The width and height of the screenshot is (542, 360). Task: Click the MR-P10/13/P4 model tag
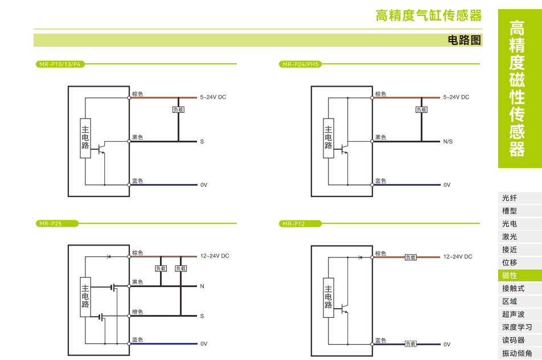(60, 64)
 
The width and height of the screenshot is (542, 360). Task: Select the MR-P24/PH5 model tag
(301, 64)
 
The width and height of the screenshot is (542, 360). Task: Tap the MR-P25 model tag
(51, 224)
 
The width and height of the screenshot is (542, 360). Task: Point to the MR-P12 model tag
(294, 224)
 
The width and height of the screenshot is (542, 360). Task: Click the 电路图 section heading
(465, 40)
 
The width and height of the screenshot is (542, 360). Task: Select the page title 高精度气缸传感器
(428, 15)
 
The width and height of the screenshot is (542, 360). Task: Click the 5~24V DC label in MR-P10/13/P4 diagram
(213, 97)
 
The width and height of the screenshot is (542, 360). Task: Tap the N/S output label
(448, 141)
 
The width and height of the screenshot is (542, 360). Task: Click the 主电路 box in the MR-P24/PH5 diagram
(329, 138)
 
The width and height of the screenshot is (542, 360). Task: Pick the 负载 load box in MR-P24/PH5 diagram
(421, 109)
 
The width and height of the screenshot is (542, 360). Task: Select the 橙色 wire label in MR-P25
(137, 312)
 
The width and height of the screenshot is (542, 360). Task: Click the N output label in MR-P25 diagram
(202, 286)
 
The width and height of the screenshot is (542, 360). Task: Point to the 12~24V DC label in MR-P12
(458, 257)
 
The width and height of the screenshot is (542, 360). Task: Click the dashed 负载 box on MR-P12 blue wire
(410, 343)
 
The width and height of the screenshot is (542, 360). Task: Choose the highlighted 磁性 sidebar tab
(510, 276)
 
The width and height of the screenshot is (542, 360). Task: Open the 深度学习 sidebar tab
(517, 327)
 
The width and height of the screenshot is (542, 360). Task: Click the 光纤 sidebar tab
(510, 198)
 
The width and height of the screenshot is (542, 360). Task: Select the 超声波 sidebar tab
(513, 314)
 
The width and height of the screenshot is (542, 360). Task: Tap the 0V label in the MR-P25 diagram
(203, 344)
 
